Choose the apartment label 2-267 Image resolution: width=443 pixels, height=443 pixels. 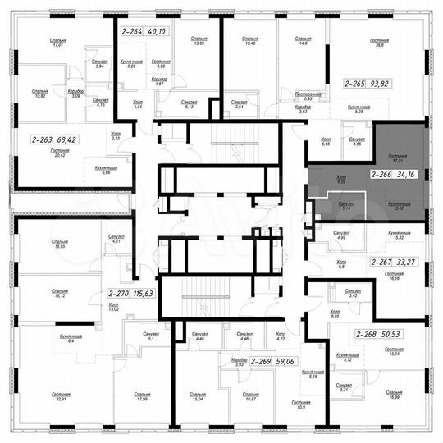pos(381,262)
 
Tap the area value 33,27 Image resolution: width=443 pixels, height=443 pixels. pos(409,262)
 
